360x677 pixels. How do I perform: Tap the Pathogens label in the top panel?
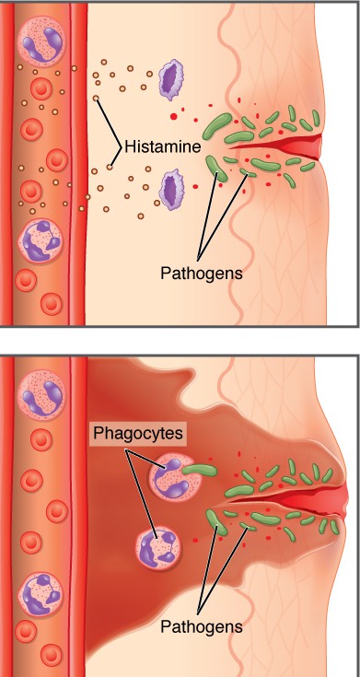click(200, 273)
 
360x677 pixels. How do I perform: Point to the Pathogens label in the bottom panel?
click(201, 625)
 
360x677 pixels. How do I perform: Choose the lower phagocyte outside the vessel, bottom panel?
click(157, 546)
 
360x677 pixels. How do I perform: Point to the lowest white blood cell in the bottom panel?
click(41, 594)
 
